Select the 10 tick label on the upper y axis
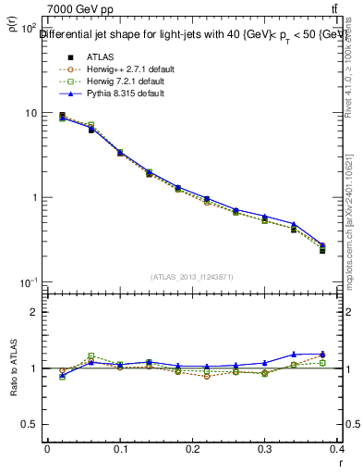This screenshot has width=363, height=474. pos(31,113)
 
